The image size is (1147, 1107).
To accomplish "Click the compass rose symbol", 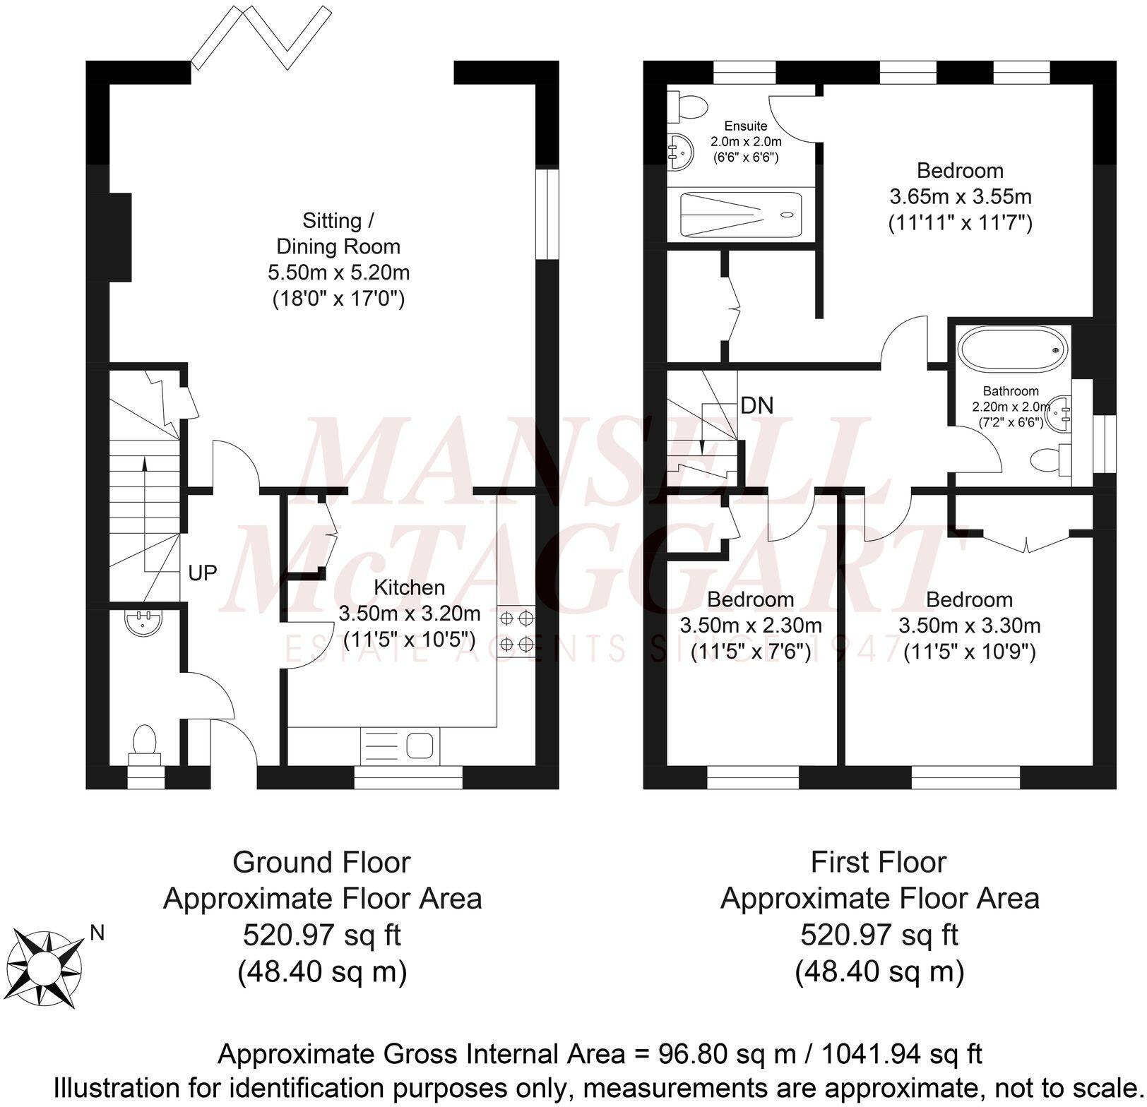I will (47, 967).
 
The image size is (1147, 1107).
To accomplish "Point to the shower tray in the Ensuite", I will (740, 215).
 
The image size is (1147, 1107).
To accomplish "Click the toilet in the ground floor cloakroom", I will (145, 743).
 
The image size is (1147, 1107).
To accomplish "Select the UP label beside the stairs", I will (203, 573).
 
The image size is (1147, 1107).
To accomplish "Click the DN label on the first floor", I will (757, 405).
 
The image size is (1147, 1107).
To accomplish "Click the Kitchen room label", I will (409, 587).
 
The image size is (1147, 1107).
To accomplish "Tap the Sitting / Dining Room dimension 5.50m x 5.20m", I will (338, 273).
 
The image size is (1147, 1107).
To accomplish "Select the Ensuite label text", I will (746, 126).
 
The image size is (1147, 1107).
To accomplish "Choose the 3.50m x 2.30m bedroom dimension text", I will (751, 626).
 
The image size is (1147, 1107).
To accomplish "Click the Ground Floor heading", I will (321, 862).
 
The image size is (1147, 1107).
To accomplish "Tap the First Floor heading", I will (878, 862).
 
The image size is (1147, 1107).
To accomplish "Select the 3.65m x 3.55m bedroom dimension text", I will (960, 196).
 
